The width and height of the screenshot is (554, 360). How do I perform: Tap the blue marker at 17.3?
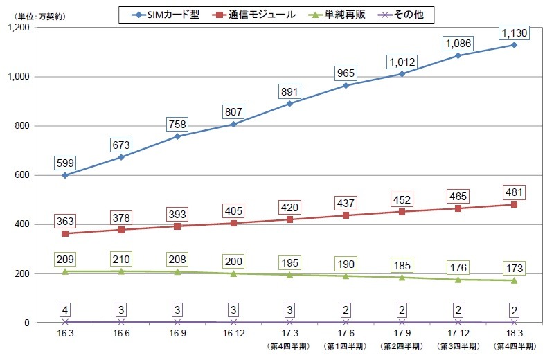coord(289,104)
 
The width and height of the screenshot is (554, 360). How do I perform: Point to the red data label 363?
coord(64,222)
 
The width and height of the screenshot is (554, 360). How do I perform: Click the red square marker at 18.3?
coord(514,204)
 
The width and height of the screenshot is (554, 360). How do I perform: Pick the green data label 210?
coord(120,260)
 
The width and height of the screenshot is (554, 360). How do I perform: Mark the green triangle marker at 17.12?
coord(458,280)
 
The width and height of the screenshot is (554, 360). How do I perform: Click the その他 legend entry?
coord(409,13)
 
